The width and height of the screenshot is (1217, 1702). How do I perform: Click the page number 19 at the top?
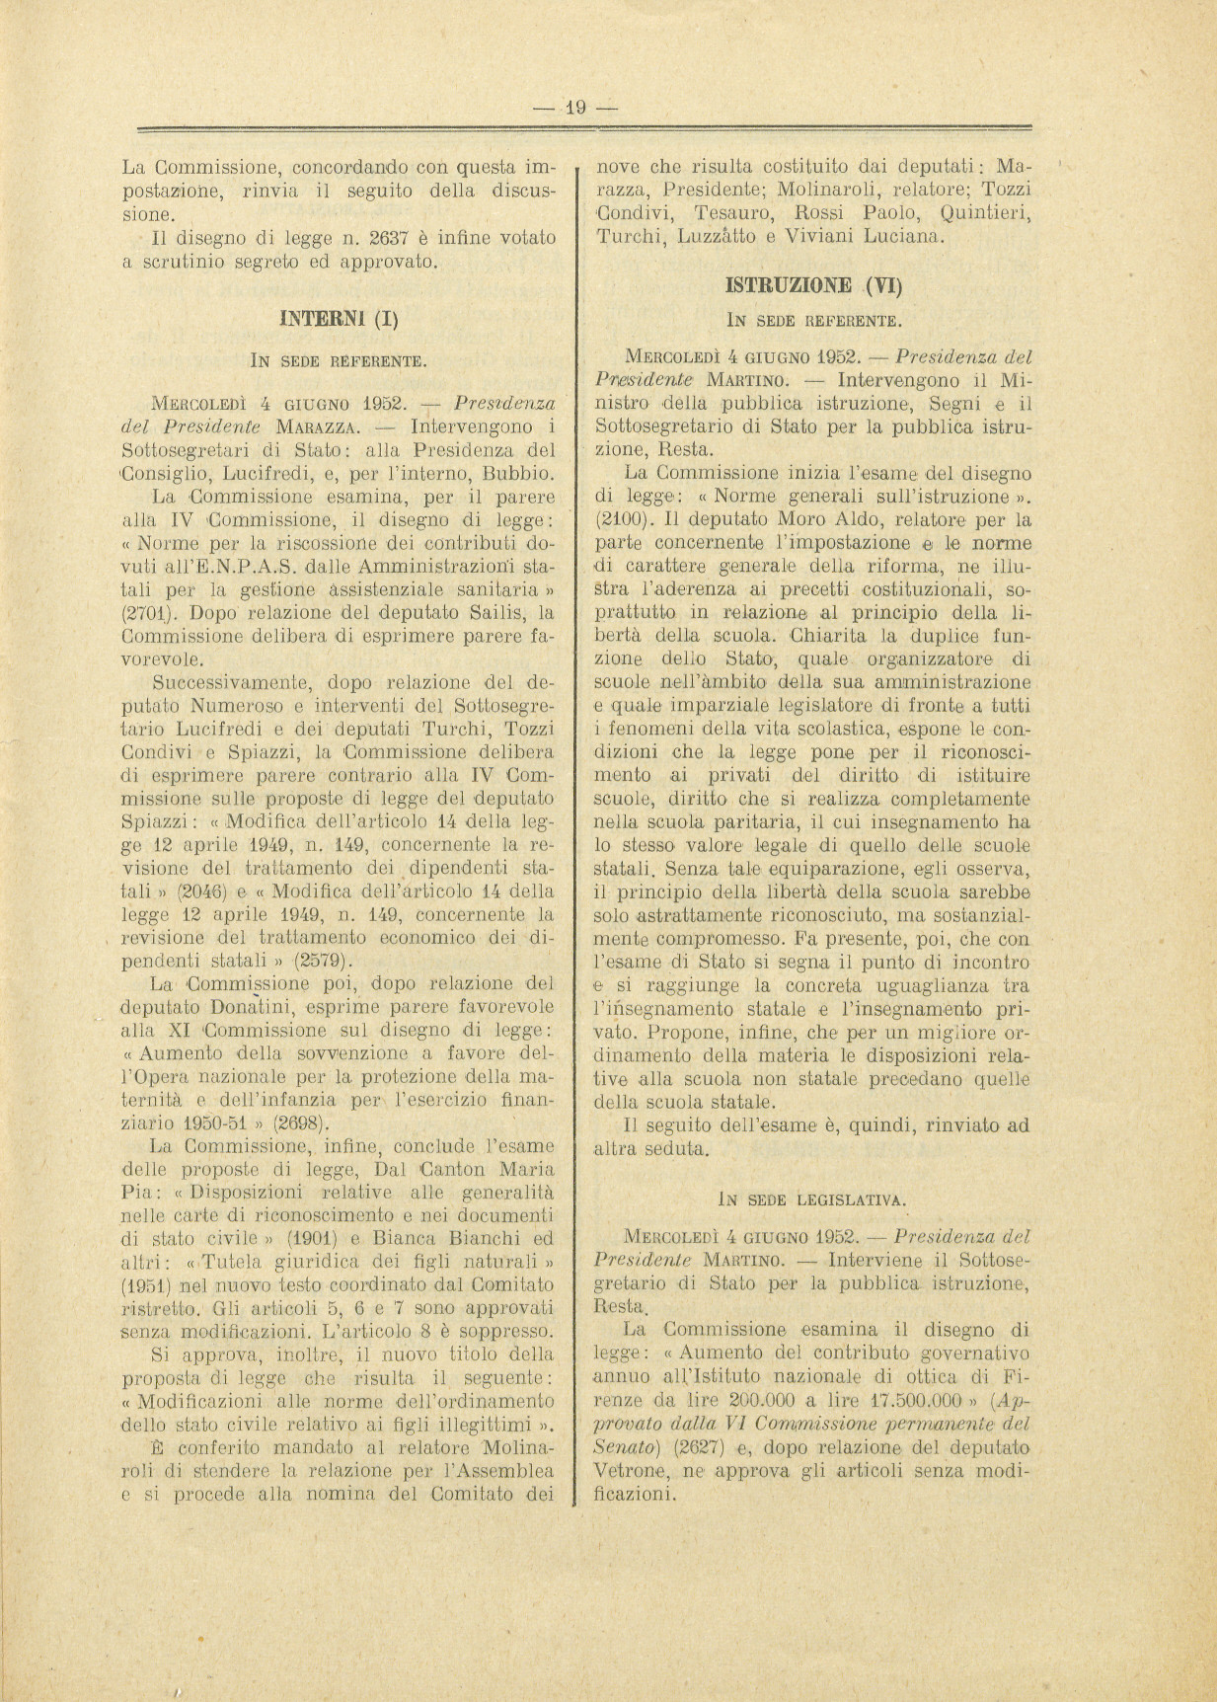point(574,108)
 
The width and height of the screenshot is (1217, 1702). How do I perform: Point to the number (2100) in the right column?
point(626,518)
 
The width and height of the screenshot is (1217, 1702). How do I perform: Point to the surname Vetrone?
point(632,1471)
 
